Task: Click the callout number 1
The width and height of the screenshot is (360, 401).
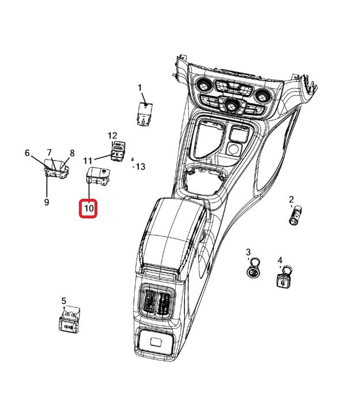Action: (x=139, y=88)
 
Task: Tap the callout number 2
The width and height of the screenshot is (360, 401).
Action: (x=291, y=200)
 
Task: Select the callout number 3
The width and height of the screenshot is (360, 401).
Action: (x=248, y=252)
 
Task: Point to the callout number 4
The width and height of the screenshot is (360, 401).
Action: (x=280, y=260)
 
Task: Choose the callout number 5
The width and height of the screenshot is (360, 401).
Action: (x=64, y=301)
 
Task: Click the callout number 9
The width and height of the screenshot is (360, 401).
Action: (x=46, y=202)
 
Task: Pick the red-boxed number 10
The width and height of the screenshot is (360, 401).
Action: (x=89, y=207)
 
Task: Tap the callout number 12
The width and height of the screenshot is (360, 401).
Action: (x=112, y=135)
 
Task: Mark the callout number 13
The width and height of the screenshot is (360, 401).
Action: (x=140, y=167)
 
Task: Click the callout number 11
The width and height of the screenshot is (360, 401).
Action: (x=88, y=160)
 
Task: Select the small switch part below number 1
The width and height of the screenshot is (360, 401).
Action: (x=144, y=114)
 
